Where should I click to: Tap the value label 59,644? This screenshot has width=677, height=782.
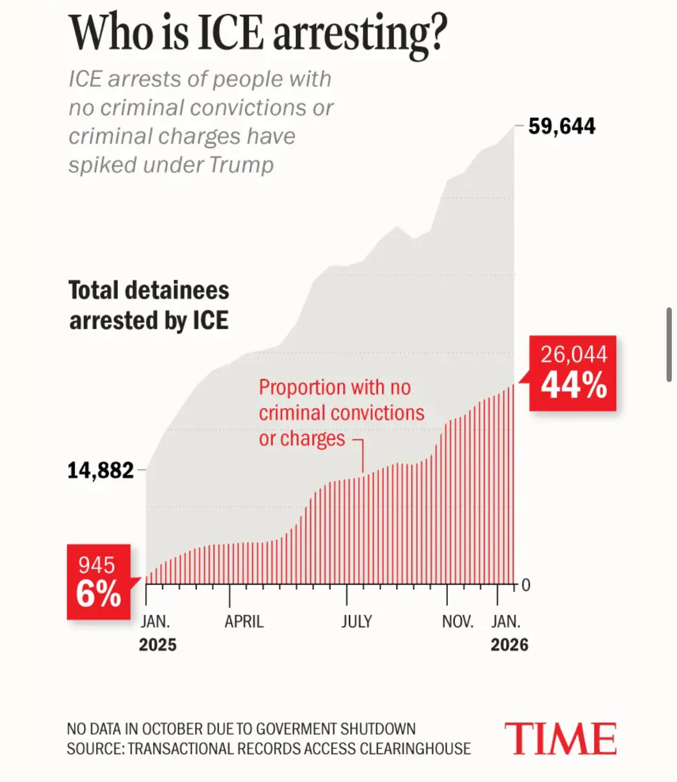click(x=561, y=126)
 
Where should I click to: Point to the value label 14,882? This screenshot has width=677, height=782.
click(x=101, y=471)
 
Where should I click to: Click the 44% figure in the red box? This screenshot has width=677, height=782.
click(x=573, y=386)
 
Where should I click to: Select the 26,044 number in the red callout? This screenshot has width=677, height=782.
click(x=573, y=354)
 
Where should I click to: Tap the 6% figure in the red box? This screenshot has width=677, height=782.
click(x=98, y=594)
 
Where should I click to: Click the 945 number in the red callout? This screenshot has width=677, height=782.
click(x=97, y=565)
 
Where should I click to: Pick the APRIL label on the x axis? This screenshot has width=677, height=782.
click(x=244, y=622)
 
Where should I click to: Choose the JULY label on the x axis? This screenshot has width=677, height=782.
click(x=356, y=622)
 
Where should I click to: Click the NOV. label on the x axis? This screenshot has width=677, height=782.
click(x=457, y=622)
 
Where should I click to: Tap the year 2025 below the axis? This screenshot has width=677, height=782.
click(x=157, y=645)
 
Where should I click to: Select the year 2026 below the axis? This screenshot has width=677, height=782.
click(x=509, y=645)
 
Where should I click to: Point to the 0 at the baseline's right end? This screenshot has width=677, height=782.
click(x=525, y=585)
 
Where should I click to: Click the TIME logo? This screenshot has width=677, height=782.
click(x=560, y=739)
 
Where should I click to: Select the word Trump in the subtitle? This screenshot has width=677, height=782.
click(x=241, y=165)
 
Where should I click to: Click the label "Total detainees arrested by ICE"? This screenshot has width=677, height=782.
click(x=149, y=305)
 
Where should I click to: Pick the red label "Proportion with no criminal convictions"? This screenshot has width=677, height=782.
click(x=341, y=400)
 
